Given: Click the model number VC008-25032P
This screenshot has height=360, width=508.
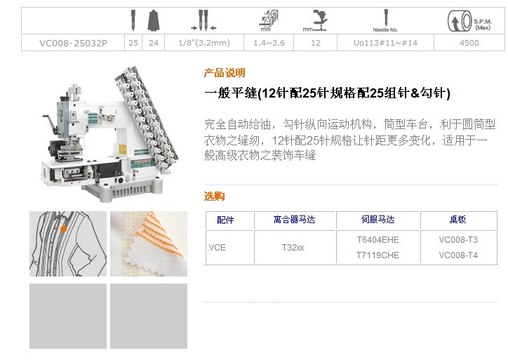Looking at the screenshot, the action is point(73,43).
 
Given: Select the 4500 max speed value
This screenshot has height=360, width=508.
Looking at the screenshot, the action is point(469,43).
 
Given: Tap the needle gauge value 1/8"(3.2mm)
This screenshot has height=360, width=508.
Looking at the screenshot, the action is point(204,43).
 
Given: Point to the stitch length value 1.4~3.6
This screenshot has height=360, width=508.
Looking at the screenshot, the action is point(269,43).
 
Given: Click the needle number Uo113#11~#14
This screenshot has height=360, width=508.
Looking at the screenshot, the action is point(385,43).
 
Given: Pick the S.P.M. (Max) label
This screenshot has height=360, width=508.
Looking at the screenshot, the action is point(483,25).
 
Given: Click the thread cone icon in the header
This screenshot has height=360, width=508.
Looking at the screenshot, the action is point(153,20).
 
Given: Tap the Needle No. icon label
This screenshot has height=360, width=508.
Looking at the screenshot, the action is point(385,29).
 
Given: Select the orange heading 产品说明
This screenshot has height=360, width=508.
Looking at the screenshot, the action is point(225,72).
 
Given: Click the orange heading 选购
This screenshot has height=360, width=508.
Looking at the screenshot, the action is point(214,196).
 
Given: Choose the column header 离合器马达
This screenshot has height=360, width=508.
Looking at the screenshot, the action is point(294,220).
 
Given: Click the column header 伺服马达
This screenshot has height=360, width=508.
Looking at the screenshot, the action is point(377,220).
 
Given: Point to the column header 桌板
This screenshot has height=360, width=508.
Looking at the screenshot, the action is point(457,220).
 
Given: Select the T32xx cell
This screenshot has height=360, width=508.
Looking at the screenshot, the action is point(293,248).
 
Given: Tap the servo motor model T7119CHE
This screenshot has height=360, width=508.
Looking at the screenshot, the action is point(377,255).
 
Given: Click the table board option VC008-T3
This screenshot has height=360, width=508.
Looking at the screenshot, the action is point(458,240).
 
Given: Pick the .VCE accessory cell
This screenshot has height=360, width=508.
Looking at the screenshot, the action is point(216,248).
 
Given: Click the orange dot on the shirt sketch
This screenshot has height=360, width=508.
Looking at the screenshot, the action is point(63,229).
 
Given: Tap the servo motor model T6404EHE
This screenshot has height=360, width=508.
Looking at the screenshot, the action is point(377,240).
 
